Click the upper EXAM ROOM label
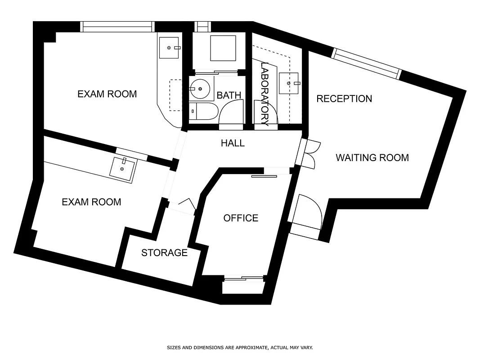pyautogui.click(x=107, y=94)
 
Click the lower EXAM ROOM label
pyautogui.click(x=91, y=202)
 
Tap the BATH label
pyautogui.click(x=229, y=95)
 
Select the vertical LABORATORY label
pyautogui.click(x=265, y=94)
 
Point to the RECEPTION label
pyautogui.click(x=344, y=99)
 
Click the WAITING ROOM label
pyautogui.click(x=372, y=157)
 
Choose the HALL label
pyautogui.click(x=233, y=143)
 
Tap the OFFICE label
pyautogui.click(x=241, y=218)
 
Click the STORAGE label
pyautogui.click(x=164, y=253)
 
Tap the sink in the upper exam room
pyautogui.click(x=170, y=47)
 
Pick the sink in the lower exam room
pyautogui.click(x=122, y=169)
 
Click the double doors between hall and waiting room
pyautogui.click(x=310, y=153)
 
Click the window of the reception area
pyautogui.click(x=366, y=63)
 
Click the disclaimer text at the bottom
pyautogui.click(x=240, y=347)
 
